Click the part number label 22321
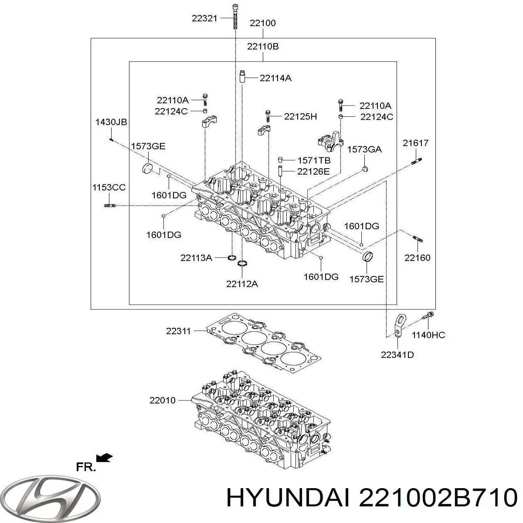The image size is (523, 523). pos(204,18)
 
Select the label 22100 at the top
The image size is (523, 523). pos(262,23)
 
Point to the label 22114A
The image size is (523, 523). pos(275,78)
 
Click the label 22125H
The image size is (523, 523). pos(300,116)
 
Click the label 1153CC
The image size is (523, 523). pos(109,188)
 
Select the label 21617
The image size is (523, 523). pos(415,143)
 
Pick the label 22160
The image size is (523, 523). pos(417,258)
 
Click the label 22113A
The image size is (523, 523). pos(196,258)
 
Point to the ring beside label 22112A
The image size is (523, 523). pos(242,263)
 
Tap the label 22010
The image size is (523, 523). pos(162,400)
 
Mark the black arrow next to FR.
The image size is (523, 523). pos(105,458)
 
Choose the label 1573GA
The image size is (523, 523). pos(364,149)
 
